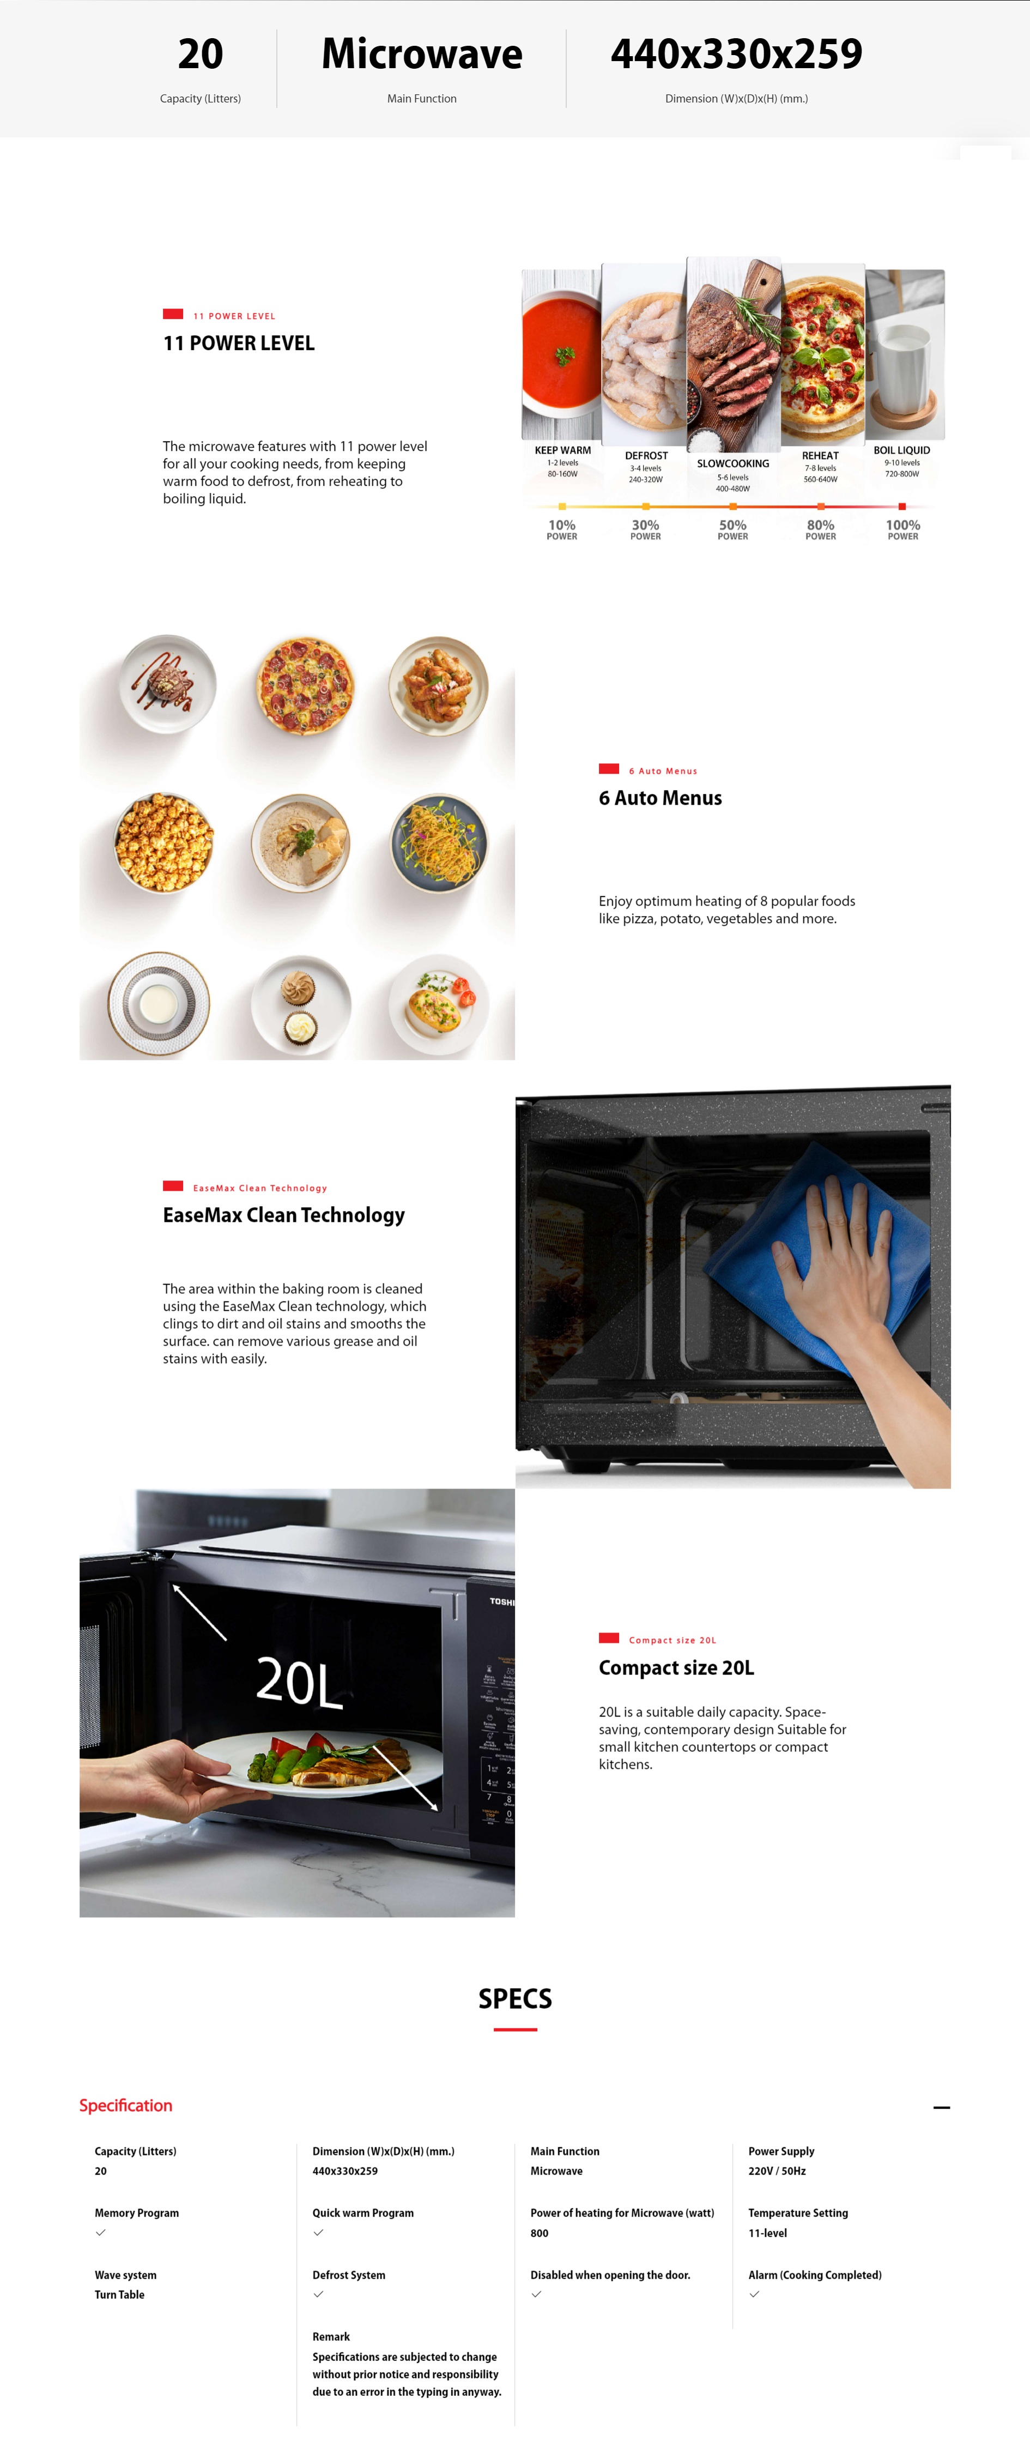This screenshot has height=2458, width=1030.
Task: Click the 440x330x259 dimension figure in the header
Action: (x=736, y=55)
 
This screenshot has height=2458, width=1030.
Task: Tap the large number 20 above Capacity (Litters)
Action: (x=201, y=55)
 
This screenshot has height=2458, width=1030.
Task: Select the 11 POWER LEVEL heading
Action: (x=239, y=344)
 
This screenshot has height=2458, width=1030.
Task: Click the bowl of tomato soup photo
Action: (x=562, y=354)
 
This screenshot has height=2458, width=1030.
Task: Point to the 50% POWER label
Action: (x=732, y=529)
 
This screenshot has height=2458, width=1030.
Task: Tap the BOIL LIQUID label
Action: (x=901, y=450)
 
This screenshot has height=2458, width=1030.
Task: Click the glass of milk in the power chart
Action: (x=902, y=368)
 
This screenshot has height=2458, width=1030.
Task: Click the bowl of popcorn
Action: (x=164, y=842)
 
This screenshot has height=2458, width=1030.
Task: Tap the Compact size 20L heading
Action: (x=676, y=1668)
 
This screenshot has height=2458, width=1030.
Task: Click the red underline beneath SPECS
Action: (x=515, y=2029)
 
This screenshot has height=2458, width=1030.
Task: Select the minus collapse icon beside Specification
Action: (x=941, y=2107)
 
